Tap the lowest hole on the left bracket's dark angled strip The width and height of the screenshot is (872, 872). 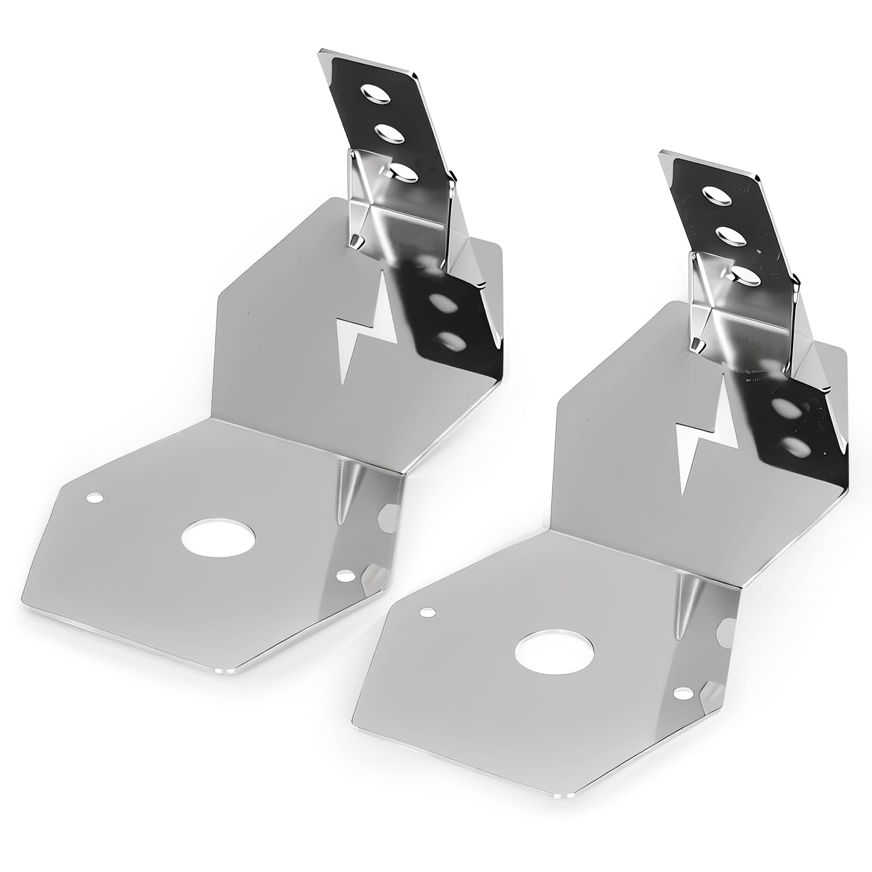450,341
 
